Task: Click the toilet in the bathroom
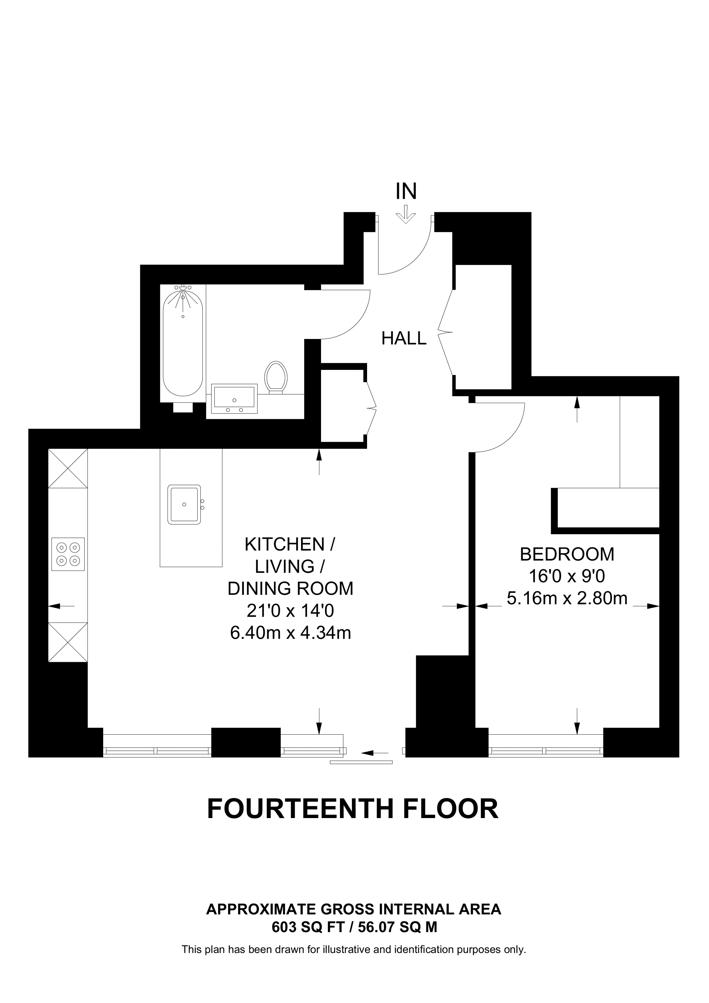pos(276,377)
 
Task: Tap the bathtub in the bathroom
pos(183,345)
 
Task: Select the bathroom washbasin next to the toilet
pos(234,399)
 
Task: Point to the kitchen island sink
pos(184,504)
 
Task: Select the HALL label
pos(403,339)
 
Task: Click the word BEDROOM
pos(567,555)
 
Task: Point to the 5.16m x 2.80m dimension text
pos(567,598)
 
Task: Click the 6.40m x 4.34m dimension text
pos(290,632)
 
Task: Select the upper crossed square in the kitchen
pos(68,468)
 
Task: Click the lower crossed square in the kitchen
pos(68,642)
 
